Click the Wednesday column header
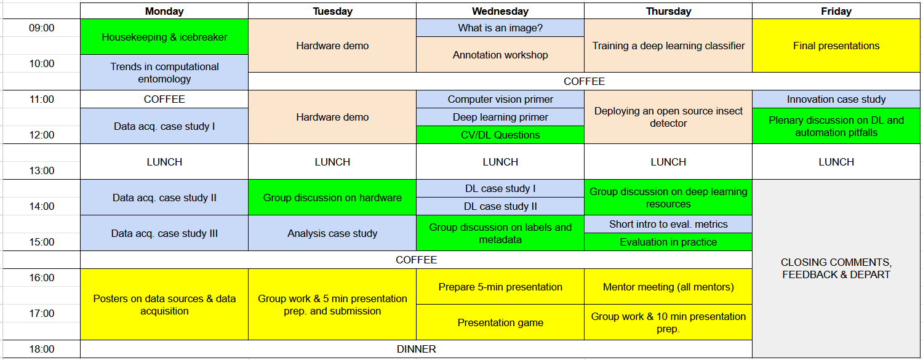[x=500, y=11]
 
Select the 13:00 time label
[x=41, y=170]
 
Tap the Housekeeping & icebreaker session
[x=164, y=37]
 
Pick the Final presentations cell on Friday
[x=836, y=46]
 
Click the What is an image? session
[x=500, y=28]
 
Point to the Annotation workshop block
[x=500, y=55]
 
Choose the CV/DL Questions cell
[x=500, y=135]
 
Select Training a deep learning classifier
[x=668, y=46]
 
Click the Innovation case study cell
[x=836, y=99]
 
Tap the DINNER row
[x=416, y=349]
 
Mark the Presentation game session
[x=500, y=322]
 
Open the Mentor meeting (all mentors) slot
[x=668, y=287]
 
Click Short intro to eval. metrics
[x=668, y=224]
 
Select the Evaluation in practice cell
[x=668, y=242]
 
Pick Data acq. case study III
[x=164, y=233]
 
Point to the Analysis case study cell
[x=332, y=233]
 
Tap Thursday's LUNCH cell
[x=668, y=162]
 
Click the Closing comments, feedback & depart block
[x=836, y=268]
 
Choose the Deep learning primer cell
[x=500, y=117]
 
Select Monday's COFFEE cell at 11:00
[x=164, y=99]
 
